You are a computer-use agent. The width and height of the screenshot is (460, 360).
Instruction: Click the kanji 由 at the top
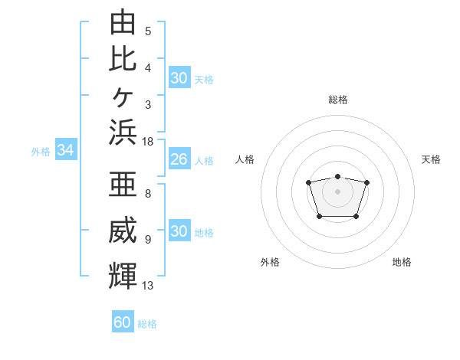pyautogui.click(x=123, y=21)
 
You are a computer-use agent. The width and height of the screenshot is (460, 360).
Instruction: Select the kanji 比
pyautogui.click(x=123, y=59)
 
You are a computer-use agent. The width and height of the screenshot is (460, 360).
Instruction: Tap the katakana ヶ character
pyautogui.click(x=123, y=97)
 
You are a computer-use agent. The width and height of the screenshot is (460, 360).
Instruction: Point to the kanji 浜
pyautogui.click(x=123, y=133)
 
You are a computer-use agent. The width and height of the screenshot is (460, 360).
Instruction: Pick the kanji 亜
pyautogui.click(x=123, y=184)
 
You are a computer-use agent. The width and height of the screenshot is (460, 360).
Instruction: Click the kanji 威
pyautogui.click(x=123, y=230)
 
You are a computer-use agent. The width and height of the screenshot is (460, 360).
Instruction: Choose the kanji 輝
pyautogui.click(x=123, y=276)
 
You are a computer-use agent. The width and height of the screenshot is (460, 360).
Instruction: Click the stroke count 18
pyautogui.click(x=147, y=142)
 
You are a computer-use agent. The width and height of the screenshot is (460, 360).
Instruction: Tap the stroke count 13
pyautogui.click(x=147, y=285)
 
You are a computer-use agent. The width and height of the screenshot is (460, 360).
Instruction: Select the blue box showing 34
pyautogui.click(x=66, y=149)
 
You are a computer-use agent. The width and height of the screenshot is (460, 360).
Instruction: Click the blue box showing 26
pyautogui.click(x=180, y=159)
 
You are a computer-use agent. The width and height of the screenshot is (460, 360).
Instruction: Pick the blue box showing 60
pyautogui.click(x=123, y=321)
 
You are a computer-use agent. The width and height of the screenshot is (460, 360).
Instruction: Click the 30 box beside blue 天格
pyautogui.click(x=180, y=77)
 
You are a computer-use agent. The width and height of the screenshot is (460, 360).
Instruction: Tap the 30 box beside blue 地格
pyautogui.click(x=180, y=230)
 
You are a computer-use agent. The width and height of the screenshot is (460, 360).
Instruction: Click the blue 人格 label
pyautogui.click(x=204, y=161)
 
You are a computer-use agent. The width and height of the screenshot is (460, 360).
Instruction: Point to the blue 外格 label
pyautogui.click(x=41, y=152)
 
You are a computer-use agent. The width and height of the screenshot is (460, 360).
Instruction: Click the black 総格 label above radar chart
pyautogui.click(x=338, y=100)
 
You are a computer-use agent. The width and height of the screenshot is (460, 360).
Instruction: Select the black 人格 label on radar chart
pyautogui.click(x=245, y=159)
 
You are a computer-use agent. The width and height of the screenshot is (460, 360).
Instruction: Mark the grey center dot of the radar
pyautogui.click(x=337, y=191)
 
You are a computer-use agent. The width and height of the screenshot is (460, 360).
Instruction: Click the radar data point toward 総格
pyautogui.click(x=337, y=176)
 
